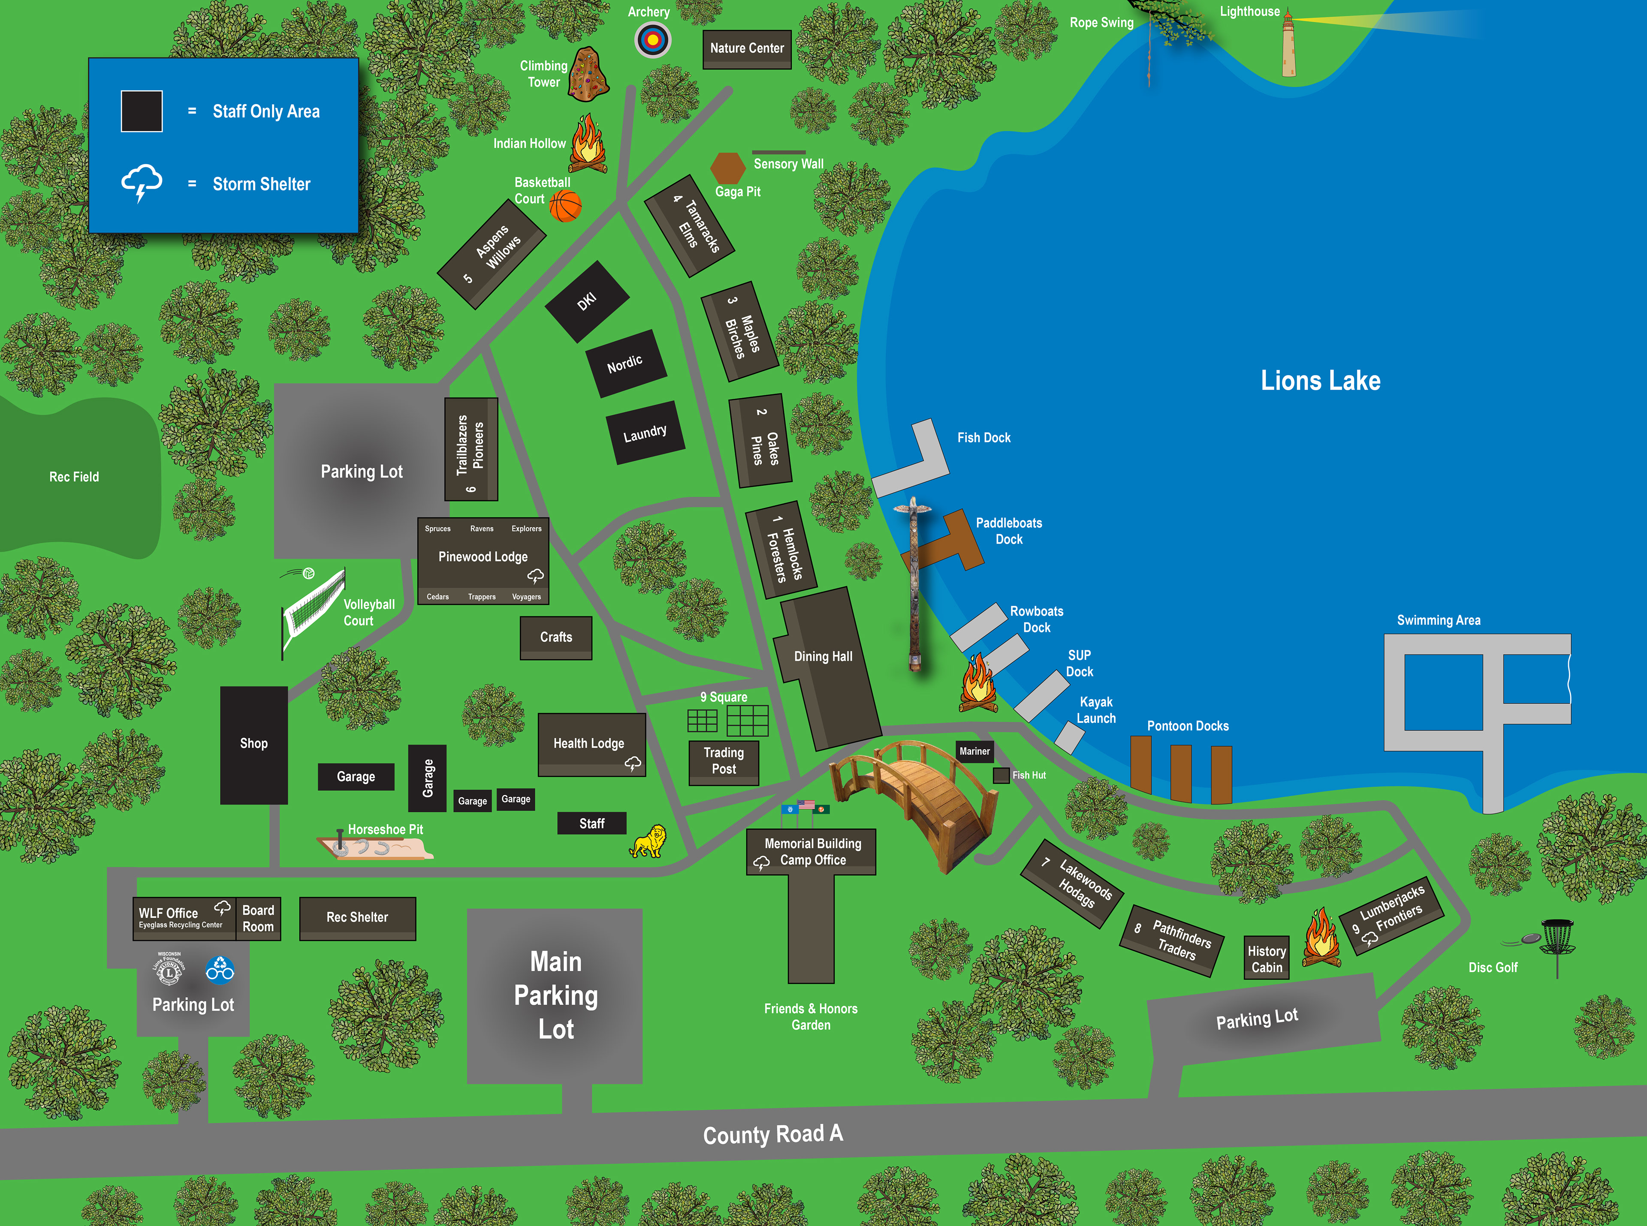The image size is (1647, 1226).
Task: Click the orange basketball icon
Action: (565, 206)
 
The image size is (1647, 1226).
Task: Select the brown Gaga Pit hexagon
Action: (728, 168)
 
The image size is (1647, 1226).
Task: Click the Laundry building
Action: (645, 433)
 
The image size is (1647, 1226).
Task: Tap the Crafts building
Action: (555, 637)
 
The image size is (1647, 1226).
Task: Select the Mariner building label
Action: (974, 751)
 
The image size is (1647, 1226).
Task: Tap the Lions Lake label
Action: (1320, 381)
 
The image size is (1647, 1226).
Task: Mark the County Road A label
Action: (772, 1134)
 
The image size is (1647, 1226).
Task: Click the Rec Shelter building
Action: (357, 918)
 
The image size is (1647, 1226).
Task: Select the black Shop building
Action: (254, 744)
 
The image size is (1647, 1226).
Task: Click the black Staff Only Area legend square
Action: (142, 111)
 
